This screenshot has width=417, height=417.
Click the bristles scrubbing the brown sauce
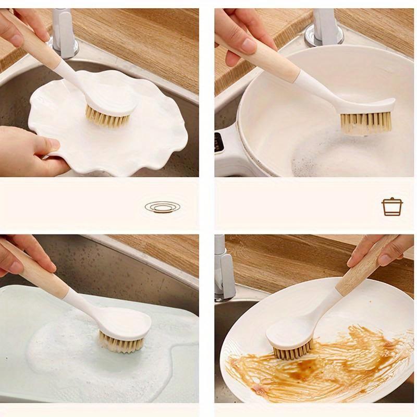[293, 352]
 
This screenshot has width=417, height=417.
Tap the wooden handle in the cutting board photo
[36, 274]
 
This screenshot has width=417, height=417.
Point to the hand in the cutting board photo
[21, 253]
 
